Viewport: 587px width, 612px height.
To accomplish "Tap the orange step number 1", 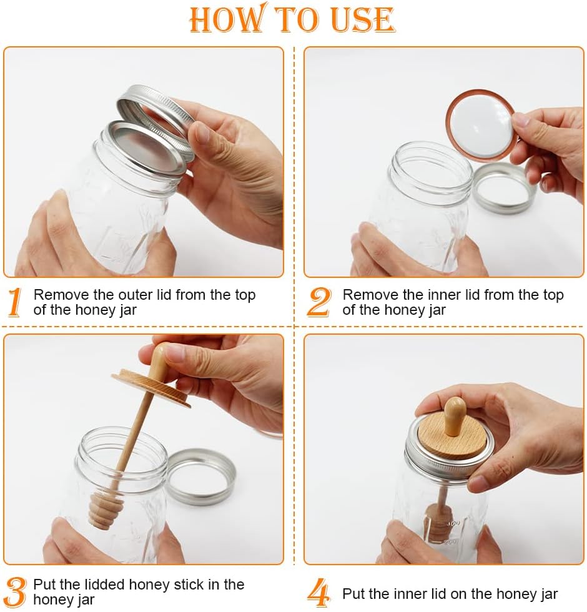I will click(15, 303).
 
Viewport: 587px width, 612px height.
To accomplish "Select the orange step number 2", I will click(319, 303).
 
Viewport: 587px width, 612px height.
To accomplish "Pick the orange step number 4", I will click(319, 593).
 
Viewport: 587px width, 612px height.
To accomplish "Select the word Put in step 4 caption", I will click(353, 594).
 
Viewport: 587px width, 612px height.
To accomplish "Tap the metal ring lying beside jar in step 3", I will click(201, 476).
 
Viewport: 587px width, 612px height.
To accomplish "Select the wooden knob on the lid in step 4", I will click(455, 415).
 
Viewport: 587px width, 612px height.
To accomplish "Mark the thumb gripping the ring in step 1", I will click(203, 134).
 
